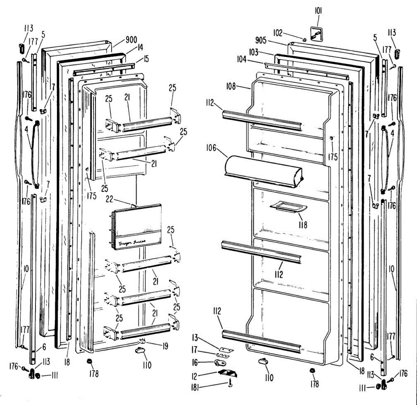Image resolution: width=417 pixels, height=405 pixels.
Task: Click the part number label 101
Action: coord(318,11)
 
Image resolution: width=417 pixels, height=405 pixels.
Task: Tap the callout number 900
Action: coord(131,40)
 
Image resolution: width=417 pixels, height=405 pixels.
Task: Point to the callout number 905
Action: coord(261,40)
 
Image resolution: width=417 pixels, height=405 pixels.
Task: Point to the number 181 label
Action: coord(195,387)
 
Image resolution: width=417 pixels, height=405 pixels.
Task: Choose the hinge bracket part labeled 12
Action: coord(228,373)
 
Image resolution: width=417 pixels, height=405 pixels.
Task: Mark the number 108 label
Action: coord(231,86)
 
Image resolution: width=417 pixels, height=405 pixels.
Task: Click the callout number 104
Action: coord(242,59)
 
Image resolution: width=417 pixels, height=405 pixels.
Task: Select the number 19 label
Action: coord(165,346)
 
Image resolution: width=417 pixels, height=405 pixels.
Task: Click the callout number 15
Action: coord(146,59)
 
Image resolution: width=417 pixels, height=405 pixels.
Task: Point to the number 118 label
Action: coord(303,225)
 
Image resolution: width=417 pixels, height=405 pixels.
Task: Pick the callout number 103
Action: coord(253,52)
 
